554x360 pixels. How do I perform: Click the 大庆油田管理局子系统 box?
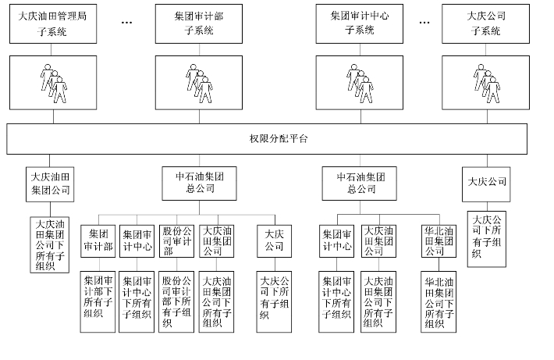click(x=53, y=23)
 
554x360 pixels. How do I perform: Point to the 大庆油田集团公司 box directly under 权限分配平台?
click(x=51, y=183)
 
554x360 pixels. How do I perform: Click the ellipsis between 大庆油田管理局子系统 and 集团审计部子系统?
click(x=128, y=23)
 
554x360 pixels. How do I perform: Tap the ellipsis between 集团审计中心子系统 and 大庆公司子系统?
click(x=424, y=23)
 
